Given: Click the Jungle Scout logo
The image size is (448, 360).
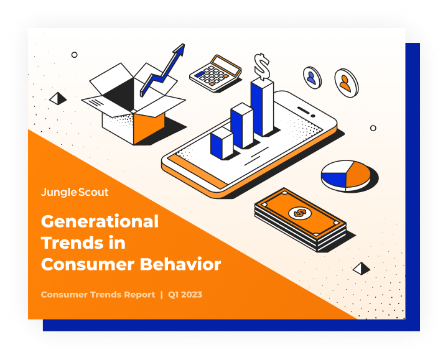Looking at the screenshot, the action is [x=75, y=192].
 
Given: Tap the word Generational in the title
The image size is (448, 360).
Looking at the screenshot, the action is [x=100, y=221].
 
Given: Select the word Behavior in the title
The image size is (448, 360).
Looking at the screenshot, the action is [x=180, y=264].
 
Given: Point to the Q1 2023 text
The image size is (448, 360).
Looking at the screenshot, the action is [x=185, y=295].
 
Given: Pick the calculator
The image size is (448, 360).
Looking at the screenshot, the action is [x=215, y=73].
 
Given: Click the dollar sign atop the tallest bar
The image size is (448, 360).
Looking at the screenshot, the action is [x=262, y=67].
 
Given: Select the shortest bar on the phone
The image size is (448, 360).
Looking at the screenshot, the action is [x=222, y=143].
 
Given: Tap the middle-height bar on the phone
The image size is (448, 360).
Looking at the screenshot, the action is [x=241, y=126].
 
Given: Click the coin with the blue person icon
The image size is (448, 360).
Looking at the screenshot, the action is [x=312, y=78].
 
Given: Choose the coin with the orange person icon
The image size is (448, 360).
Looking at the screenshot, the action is [x=347, y=83].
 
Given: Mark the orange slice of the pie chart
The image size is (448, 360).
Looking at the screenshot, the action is [x=358, y=174].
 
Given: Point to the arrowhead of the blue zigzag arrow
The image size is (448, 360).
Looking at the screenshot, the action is [x=179, y=49].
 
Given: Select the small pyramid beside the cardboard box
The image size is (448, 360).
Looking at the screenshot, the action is [x=58, y=98].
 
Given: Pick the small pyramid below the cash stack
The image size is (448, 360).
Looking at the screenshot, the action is [x=362, y=269].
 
